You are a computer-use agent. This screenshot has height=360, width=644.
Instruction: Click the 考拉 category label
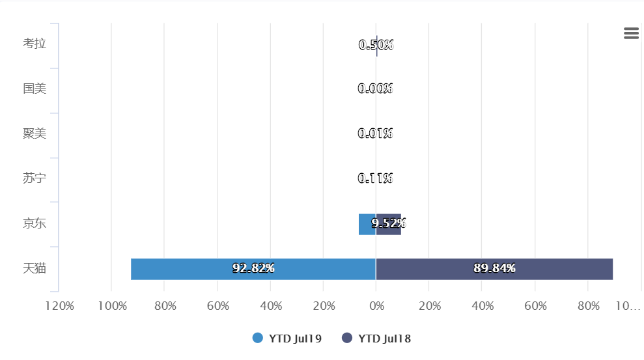[x=35, y=44]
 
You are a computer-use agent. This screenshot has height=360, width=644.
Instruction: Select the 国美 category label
[x=35, y=89]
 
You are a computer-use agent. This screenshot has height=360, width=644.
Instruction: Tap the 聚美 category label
[x=35, y=133]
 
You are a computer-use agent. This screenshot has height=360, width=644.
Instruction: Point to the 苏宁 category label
[x=35, y=178]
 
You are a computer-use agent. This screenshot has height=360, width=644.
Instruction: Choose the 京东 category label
[x=35, y=223]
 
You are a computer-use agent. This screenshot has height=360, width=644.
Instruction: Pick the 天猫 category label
[x=35, y=268]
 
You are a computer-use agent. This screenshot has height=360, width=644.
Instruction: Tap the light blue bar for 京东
[x=365, y=225]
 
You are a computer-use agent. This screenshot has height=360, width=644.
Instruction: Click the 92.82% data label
[x=253, y=268]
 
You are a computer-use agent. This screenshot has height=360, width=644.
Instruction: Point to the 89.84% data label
[x=494, y=268]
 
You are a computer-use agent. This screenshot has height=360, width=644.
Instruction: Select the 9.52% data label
[x=389, y=223]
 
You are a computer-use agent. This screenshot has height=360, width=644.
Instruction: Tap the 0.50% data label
[x=376, y=45]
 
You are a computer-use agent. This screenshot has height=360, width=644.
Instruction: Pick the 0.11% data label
[x=376, y=178]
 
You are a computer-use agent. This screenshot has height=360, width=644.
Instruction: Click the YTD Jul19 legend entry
[x=287, y=339]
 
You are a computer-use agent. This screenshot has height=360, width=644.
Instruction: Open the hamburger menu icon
[x=631, y=34]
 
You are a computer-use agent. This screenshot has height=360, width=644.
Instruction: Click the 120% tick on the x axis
[x=59, y=306]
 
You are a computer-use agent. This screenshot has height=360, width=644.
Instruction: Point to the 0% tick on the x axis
[x=376, y=306]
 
